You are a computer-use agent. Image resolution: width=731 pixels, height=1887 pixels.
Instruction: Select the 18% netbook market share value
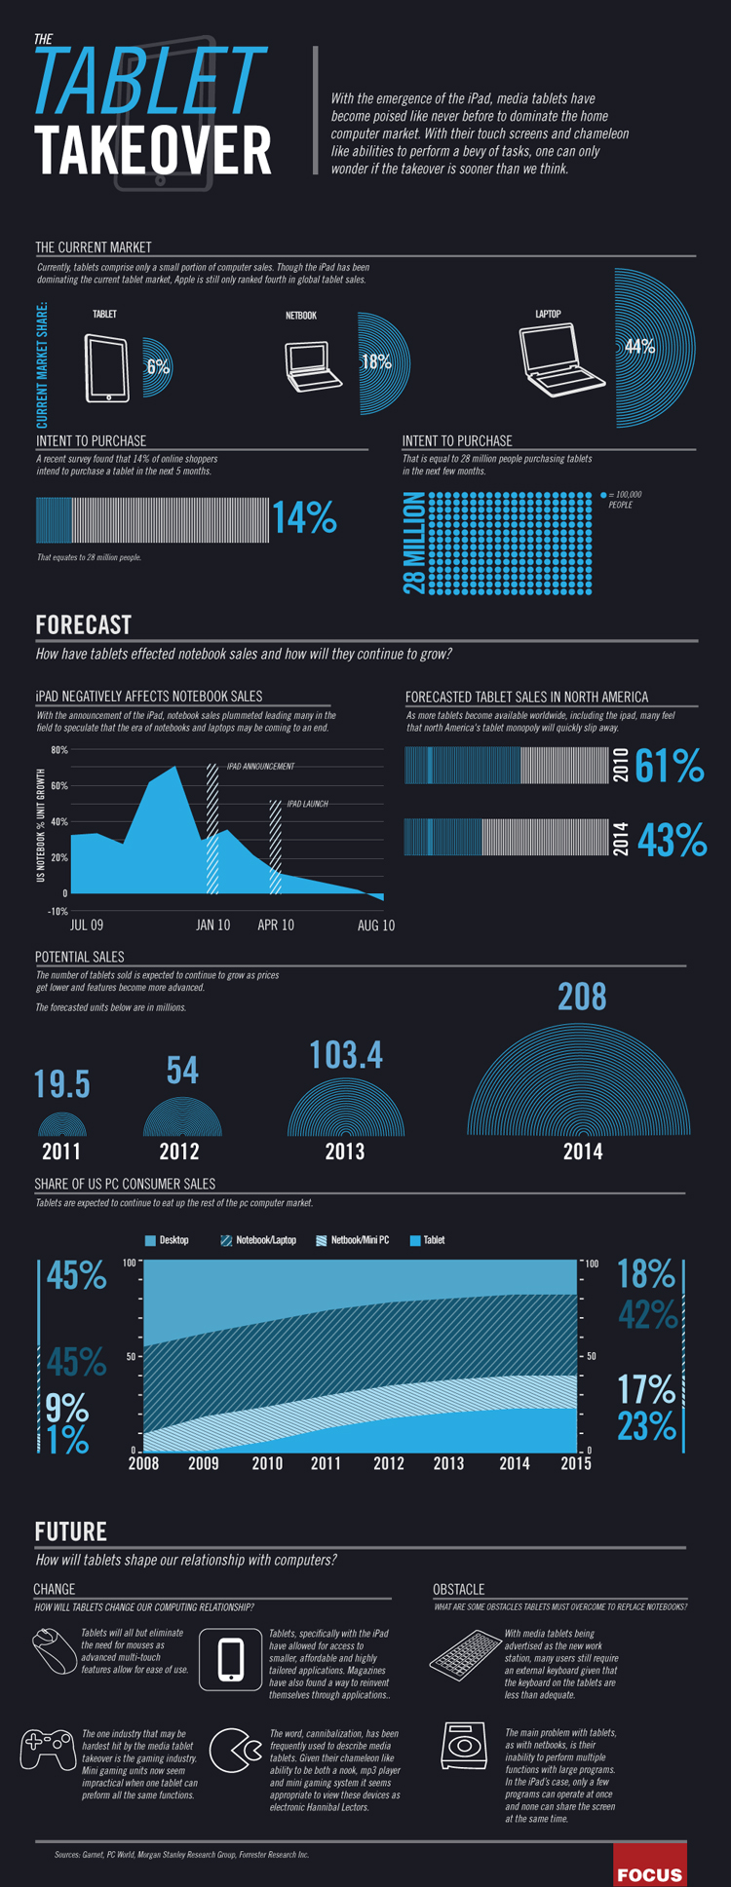coord(376,361)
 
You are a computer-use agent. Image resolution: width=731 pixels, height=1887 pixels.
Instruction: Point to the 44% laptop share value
coord(639,346)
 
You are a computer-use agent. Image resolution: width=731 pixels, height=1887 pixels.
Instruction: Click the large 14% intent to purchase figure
coord(304,518)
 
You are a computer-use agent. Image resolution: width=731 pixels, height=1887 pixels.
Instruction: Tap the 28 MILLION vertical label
coord(414,543)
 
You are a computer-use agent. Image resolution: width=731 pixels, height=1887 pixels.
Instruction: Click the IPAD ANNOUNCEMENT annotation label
coord(260,767)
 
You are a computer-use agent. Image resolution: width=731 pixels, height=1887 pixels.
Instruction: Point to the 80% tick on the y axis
coord(58,750)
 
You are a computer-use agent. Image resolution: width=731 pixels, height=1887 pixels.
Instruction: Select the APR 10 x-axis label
coord(276,925)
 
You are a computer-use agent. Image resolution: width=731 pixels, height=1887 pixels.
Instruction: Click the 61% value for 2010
coord(670,767)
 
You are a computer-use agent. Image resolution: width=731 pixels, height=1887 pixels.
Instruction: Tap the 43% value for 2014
coord(672,839)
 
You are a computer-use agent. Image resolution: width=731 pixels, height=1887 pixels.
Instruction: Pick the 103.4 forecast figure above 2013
coord(346,1055)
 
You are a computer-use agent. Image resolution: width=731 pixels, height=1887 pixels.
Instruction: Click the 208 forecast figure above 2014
coord(582,997)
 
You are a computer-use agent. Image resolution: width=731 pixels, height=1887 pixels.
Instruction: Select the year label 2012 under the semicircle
coord(179,1151)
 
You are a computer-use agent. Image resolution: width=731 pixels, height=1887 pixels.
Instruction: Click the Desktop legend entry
coord(168,1240)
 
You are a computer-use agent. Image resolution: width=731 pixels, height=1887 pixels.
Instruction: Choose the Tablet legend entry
coord(428,1240)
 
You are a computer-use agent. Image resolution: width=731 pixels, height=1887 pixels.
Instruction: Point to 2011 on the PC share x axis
coord(327,1463)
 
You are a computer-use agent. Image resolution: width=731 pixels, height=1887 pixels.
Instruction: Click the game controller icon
coord(48,1749)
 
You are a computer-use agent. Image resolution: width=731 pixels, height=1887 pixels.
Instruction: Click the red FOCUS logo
coord(649,1873)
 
